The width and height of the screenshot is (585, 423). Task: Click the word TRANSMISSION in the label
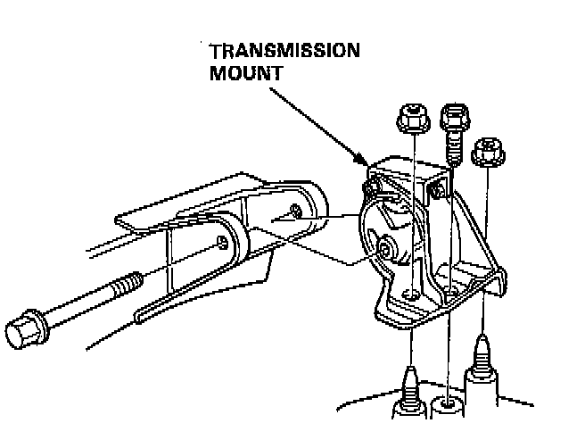point(284,50)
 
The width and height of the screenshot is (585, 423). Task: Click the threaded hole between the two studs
point(446,406)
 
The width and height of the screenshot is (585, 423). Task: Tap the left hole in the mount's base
point(409,294)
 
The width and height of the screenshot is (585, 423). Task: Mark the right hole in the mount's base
point(453,290)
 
